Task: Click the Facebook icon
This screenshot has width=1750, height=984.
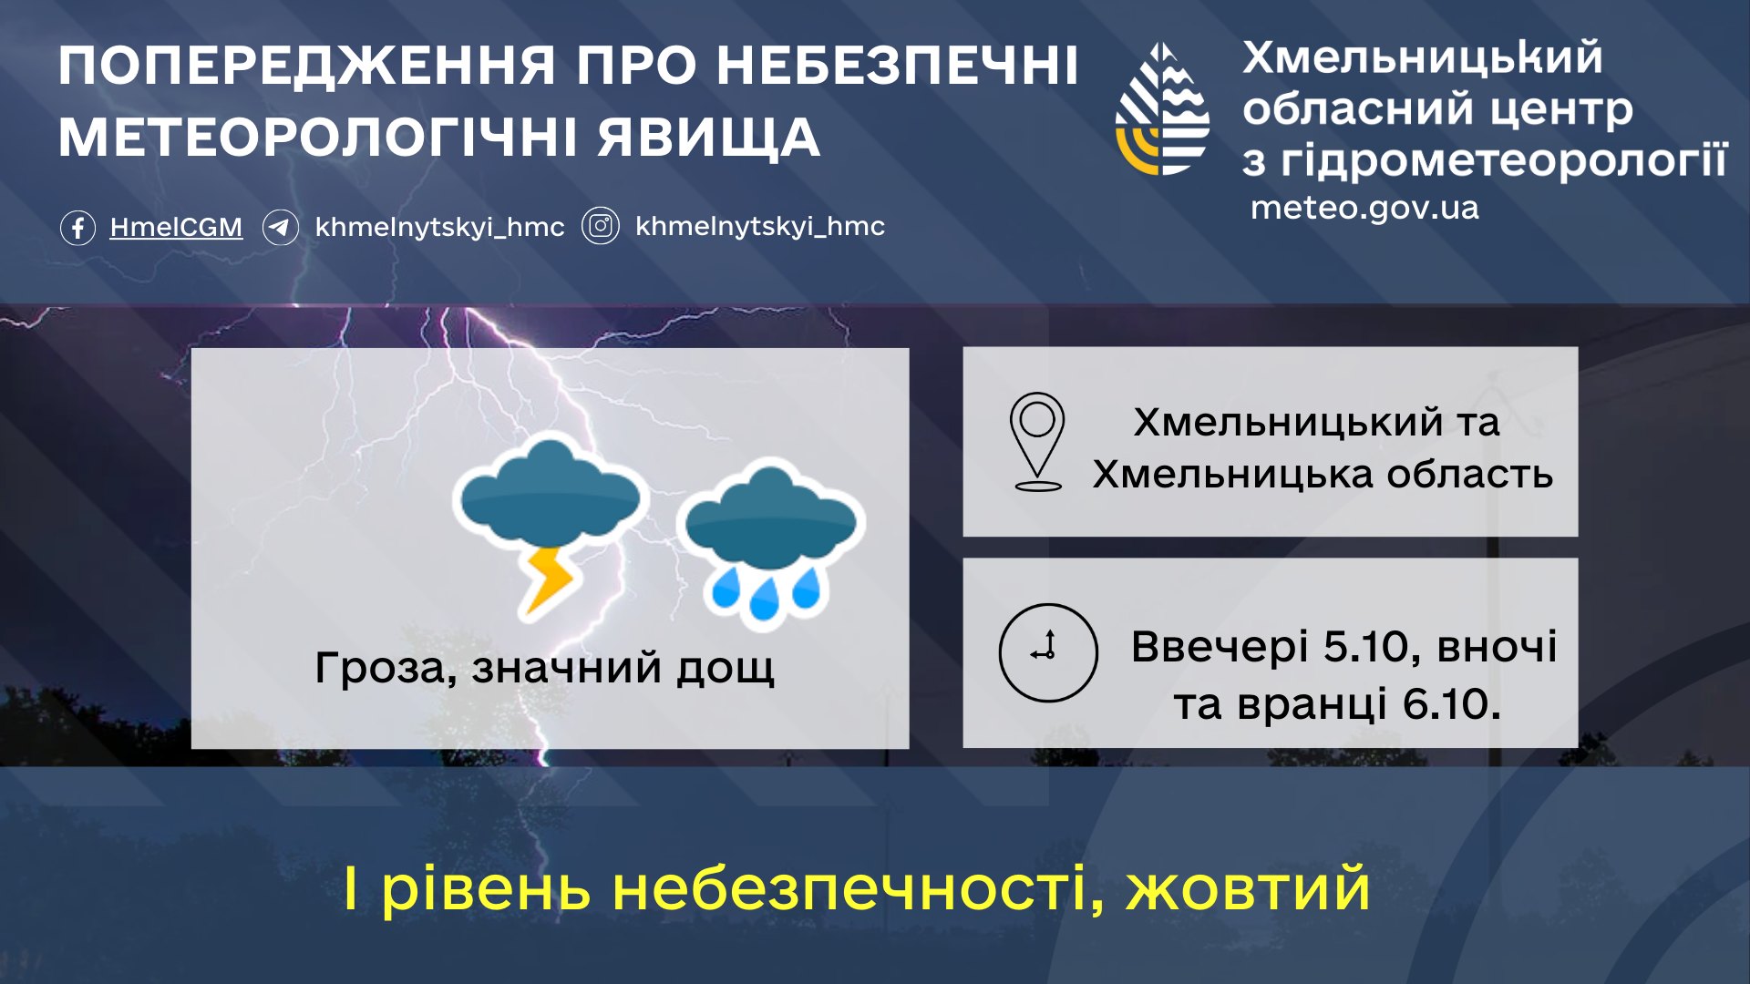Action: click(77, 227)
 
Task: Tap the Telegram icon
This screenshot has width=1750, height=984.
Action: click(281, 227)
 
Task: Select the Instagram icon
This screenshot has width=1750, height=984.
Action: click(601, 226)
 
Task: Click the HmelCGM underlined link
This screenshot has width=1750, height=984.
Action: click(176, 227)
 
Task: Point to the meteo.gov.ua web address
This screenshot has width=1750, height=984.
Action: click(1364, 208)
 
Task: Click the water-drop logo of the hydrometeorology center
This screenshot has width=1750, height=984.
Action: click(1163, 108)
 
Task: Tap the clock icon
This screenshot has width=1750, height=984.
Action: click(1048, 652)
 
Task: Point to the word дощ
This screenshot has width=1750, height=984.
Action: click(725, 669)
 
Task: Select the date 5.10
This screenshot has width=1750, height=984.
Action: click(1371, 647)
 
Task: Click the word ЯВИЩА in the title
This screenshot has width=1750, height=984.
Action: click(709, 138)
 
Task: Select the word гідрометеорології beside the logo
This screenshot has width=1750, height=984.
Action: click(1504, 161)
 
